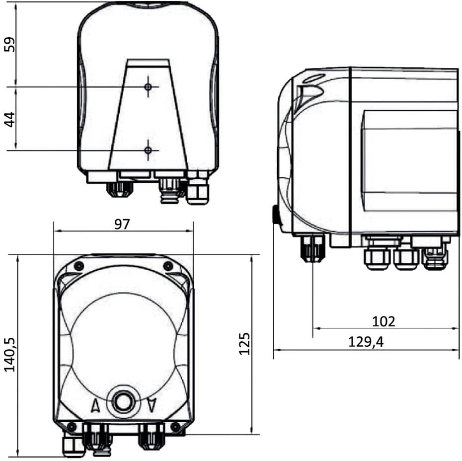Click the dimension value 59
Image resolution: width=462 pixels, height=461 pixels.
(9, 45)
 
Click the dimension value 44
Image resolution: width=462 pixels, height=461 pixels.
(9, 119)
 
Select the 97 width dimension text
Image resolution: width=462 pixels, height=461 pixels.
(122, 225)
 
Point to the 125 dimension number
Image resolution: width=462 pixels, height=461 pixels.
(244, 344)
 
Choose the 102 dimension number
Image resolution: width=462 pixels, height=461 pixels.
(384, 322)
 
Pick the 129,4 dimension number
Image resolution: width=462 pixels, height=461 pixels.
(366, 342)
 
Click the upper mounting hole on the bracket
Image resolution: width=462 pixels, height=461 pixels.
(148, 87)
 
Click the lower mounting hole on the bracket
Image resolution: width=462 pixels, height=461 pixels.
(148, 151)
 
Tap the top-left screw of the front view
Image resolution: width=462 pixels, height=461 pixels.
(78, 266)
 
